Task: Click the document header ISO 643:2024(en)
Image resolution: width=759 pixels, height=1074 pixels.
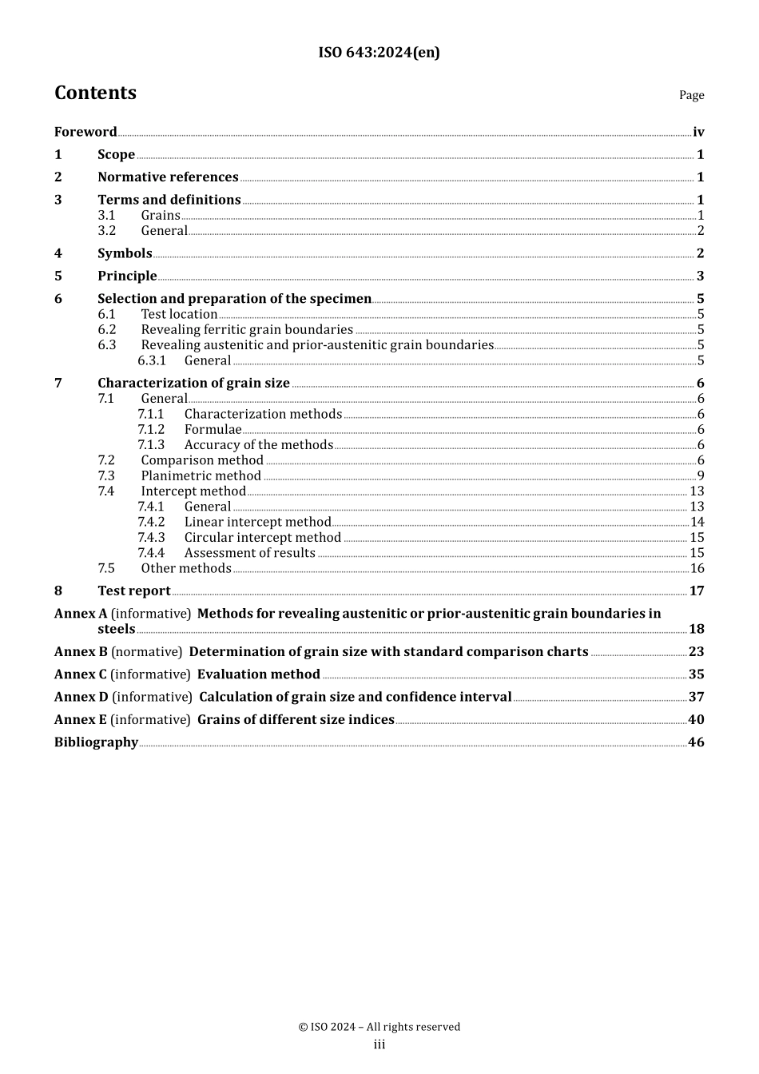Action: click(x=379, y=53)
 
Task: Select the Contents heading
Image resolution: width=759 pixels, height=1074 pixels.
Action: click(x=95, y=93)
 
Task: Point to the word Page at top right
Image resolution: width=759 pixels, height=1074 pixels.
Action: click(x=691, y=95)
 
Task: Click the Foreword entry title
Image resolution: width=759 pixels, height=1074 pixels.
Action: click(x=85, y=132)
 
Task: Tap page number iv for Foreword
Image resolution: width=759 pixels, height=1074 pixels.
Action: click(x=698, y=133)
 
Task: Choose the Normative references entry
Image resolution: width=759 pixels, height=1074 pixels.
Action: click(x=168, y=177)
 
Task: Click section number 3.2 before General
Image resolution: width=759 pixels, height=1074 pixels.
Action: click(x=107, y=231)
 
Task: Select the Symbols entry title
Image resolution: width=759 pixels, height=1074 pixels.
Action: click(x=125, y=253)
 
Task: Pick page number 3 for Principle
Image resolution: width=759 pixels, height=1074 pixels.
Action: click(x=700, y=276)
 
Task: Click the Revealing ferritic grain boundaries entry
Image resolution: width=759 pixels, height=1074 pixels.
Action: click(x=247, y=330)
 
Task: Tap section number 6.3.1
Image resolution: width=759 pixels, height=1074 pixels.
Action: click(x=152, y=360)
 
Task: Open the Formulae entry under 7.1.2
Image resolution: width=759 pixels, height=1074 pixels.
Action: click(x=213, y=430)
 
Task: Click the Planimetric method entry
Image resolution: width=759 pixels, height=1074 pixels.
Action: click(x=201, y=476)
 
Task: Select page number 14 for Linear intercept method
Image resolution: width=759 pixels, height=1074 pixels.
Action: click(x=697, y=523)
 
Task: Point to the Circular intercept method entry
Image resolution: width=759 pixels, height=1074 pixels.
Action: click(x=263, y=538)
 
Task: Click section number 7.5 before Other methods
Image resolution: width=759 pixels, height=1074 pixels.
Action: click(x=106, y=568)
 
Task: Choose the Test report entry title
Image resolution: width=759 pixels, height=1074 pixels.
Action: click(x=134, y=591)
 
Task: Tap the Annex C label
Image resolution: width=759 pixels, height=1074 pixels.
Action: click(x=80, y=674)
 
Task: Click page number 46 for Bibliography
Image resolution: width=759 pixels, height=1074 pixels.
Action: click(x=696, y=742)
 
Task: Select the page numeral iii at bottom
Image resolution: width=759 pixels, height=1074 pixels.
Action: click(x=379, y=1045)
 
